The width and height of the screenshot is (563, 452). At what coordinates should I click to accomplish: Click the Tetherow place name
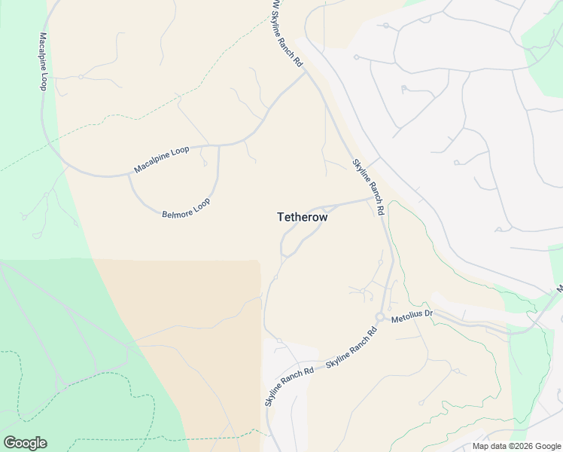[x=302, y=216]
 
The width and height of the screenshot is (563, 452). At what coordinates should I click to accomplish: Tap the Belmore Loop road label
[x=186, y=209]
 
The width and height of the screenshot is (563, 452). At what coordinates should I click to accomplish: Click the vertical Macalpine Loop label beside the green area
[x=43, y=61]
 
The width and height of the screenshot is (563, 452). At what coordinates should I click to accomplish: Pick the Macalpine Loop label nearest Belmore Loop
[x=161, y=160]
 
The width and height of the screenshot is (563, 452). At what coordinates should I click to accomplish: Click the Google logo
[x=25, y=443]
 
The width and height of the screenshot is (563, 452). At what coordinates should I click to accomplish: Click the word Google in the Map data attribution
[x=547, y=446]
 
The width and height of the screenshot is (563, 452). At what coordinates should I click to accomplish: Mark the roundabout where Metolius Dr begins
[x=380, y=317]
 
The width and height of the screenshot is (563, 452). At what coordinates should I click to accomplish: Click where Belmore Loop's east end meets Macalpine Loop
[x=219, y=146]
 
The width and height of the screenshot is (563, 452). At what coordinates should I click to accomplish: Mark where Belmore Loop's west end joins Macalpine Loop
[x=129, y=176]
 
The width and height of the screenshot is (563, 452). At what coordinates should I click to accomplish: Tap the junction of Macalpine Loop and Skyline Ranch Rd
[x=305, y=72]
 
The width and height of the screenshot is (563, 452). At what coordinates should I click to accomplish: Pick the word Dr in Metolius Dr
[x=428, y=313]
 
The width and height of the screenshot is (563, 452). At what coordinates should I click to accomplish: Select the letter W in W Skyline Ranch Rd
[x=275, y=6]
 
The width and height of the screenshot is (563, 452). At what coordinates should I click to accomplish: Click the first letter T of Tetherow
[x=281, y=216]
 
